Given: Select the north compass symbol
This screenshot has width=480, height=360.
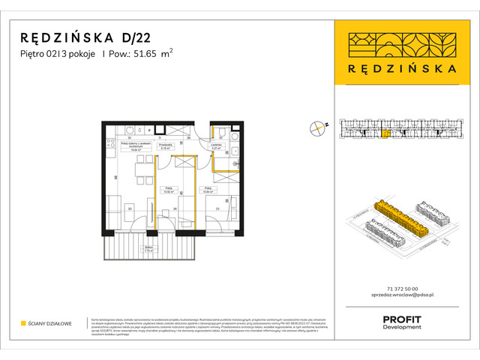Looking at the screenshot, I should click(x=317, y=128).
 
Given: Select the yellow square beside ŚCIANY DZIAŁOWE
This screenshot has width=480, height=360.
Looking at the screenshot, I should click(x=23, y=323).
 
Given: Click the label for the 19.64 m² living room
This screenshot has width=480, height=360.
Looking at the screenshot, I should click(x=136, y=148).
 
